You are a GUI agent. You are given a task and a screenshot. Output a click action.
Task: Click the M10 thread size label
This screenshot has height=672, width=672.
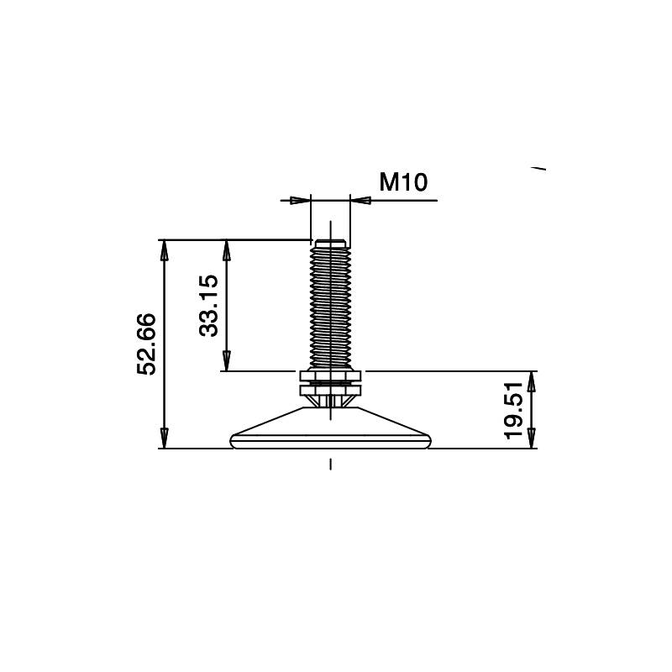pos(404,181)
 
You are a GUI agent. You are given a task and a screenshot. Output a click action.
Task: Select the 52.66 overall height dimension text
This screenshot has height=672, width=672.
pos(147,344)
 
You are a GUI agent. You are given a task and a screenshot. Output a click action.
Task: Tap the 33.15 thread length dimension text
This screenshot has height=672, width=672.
pos(208,306)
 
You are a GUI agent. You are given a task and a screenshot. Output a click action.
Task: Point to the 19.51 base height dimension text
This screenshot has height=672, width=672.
pos(514,410)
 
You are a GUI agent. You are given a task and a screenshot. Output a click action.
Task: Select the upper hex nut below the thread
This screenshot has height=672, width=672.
pos(331,375)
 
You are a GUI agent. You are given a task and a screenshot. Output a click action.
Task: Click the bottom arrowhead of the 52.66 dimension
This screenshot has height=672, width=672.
pos(165,438)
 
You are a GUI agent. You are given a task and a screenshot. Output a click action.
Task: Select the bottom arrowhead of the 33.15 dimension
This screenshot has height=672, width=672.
pos(225,361)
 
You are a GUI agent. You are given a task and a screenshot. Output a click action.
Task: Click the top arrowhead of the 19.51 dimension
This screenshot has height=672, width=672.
pos(532,381)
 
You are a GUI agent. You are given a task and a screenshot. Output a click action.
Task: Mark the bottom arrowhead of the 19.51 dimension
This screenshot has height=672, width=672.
pos(532,438)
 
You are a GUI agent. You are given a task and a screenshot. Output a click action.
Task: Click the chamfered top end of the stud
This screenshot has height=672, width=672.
pos(331,243)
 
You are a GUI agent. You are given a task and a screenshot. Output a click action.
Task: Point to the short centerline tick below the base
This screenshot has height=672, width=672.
pos(331,465)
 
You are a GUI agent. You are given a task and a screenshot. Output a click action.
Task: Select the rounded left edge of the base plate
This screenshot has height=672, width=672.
pos(234,440)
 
